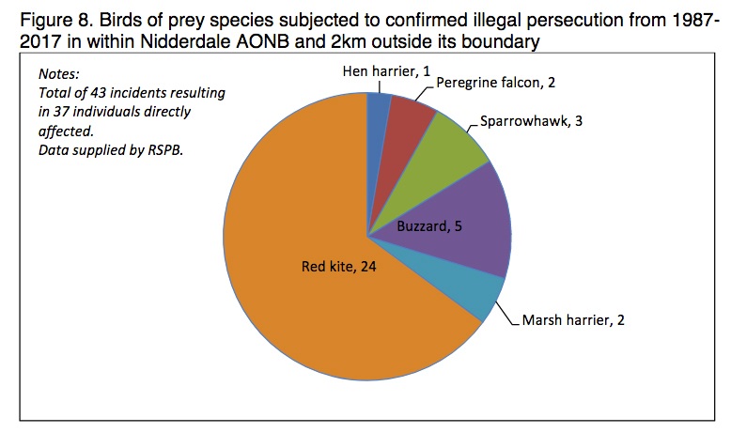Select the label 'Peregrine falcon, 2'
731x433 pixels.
pyautogui.click(x=496, y=83)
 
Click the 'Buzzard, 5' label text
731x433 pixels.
pyautogui.click(x=428, y=227)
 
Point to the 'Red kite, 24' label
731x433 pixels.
pyautogui.click(x=338, y=267)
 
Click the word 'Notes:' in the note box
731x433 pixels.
pyautogui.click(x=59, y=74)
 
